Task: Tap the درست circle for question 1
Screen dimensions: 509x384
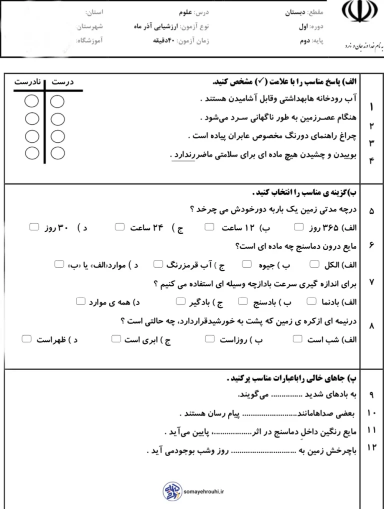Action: click(x=57, y=102)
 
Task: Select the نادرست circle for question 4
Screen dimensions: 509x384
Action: click(x=32, y=153)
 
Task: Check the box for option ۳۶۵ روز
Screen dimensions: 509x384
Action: click(x=298, y=227)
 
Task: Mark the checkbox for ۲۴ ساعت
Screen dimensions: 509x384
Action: click(x=120, y=227)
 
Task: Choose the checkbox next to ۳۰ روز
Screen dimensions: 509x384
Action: click(x=34, y=227)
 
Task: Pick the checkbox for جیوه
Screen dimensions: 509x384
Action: click(x=246, y=264)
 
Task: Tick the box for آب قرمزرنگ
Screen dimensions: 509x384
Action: click(x=158, y=264)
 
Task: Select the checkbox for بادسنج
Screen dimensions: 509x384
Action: click(x=243, y=301)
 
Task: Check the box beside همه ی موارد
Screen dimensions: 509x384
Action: click(x=80, y=301)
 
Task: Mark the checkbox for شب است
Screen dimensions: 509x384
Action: click(x=297, y=339)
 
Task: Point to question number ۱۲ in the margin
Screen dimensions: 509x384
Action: click(x=371, y=448)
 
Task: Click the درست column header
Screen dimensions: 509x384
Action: click(x=63, y=81)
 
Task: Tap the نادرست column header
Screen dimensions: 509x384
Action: click(x=25, y=81)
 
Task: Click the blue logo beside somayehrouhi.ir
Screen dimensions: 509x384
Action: click(x=171, y=492)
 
